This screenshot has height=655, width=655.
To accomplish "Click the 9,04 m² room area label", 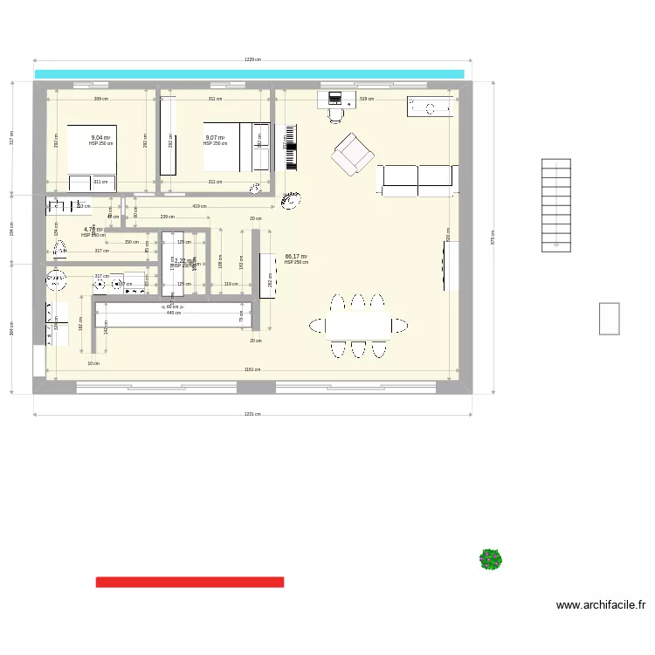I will pyautogui.click(x=100, y=138).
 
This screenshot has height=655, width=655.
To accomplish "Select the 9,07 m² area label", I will pyautogui.click(x=215, y=138).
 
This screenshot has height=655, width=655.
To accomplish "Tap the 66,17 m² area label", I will pyautogui.click(x=296, y=257).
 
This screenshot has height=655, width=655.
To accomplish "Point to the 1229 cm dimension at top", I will pyautogui.click(x=252, y=60).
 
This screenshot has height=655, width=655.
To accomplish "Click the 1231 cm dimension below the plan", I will pyautogui.click(x=252, y=416).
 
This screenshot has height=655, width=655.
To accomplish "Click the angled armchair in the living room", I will pyautogui.click(x=352, y=155).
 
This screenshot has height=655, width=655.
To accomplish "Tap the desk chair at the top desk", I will pyautogui.click(x=336, y=112).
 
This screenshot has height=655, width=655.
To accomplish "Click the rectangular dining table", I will pyautogui.click(x=357, y=326).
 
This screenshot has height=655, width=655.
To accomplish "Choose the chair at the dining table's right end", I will pyautogui.click(x=399, y=326).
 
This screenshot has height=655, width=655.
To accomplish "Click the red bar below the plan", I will pyautogui.click(x=190, y=582).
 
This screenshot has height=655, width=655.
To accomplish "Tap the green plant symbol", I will pyautogui.click(x=491, y=559).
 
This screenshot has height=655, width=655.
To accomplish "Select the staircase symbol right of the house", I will pyautogui.click(x=556, y=204).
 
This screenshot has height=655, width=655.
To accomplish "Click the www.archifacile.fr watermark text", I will pyautogui.click(x=601, y=604).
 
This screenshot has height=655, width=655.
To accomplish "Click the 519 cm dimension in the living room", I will pyautogui.click(x=366, y=99).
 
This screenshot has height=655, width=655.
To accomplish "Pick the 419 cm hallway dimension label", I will pyautogui.click(x=199, y=206).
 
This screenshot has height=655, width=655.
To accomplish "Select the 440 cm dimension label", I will pyautogui.click(x=173, y=313).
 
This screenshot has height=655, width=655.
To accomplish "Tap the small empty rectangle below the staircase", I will pyautogui.click(x=609, y=318).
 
